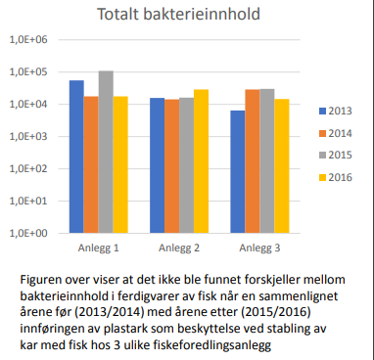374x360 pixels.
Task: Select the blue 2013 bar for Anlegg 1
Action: tap(75, 157)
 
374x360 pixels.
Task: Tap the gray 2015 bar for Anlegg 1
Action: tap(106, 152)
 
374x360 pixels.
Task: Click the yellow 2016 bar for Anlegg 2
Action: tap(201, 161)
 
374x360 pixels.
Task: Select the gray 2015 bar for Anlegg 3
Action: tap(267, 161)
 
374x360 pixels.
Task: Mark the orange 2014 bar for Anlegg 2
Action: tap(171, 166)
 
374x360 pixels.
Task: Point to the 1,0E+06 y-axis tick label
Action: tap(29, 40)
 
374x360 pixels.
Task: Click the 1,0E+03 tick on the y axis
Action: tap(29, 137)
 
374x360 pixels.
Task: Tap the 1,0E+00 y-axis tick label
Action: tap(29, 234)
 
